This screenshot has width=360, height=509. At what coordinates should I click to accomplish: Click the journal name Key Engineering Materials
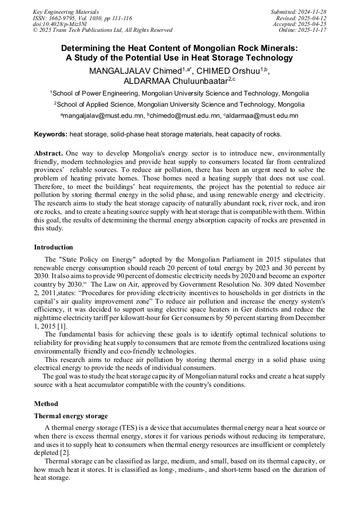pos(65,12)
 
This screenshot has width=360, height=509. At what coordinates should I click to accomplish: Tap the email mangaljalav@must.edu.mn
pos(102,115)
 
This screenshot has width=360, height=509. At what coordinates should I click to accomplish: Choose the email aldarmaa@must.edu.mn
pos(262,115)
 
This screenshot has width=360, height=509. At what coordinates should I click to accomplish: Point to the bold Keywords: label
pos(50,134)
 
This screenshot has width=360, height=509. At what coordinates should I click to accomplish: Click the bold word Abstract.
pos(48,153)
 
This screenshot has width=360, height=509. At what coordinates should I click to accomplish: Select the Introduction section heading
pos(54,247)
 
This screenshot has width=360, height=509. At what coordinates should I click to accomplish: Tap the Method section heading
pos(46,404)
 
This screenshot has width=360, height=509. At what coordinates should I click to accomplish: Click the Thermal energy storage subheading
pos(71,416)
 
